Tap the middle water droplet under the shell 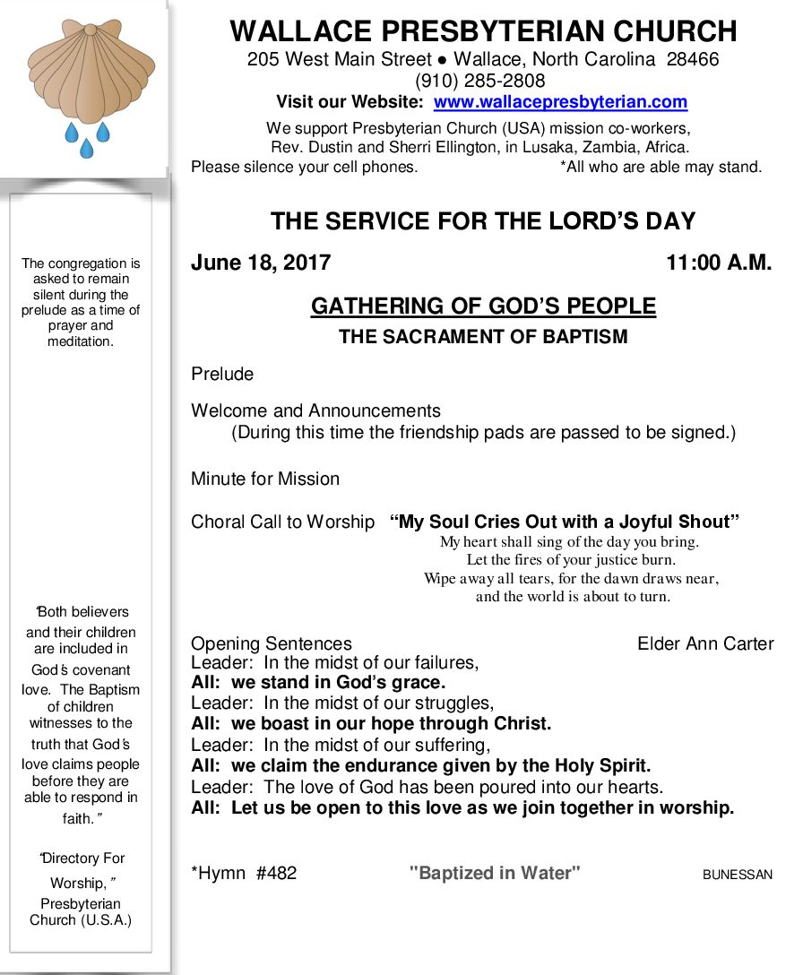(x=86, y=149)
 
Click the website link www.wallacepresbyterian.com (x=560, y=102)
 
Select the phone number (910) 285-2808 (x=483, y=82)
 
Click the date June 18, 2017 (x=261, y=263)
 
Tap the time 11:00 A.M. (x=719, y=263)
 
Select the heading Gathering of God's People (x=483, y=306)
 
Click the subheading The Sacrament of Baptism (x=483, y=337)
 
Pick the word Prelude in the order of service (x=222, y=374)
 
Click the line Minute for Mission (x=265, y=479)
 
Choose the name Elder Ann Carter (x=705, y=643)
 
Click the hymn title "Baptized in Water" (x=495, y=873)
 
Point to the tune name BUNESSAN (x=737, y=875)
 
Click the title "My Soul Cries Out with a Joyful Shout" (x=565, y=522)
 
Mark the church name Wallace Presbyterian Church (x=483, y=31)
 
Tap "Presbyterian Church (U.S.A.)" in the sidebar (x=81, y=912)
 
